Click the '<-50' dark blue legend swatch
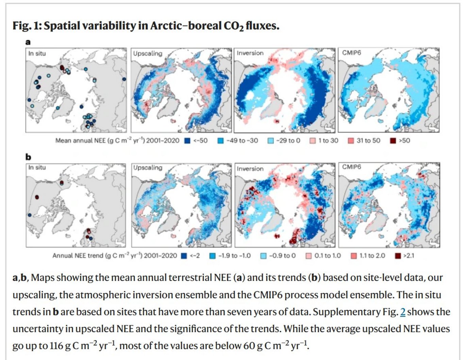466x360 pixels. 187,141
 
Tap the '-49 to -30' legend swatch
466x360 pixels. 220,141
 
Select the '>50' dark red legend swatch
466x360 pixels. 393,141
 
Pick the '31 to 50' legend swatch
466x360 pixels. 351,141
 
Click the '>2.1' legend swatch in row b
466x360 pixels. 397,256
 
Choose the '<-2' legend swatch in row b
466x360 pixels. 184,256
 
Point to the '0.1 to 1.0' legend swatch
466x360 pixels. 309,256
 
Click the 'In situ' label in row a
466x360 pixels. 37,53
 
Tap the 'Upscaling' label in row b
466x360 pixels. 148,168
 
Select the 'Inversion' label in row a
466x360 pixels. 250,53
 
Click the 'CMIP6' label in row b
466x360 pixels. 351,167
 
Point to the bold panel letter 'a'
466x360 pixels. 28,42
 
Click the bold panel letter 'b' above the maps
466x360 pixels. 28,157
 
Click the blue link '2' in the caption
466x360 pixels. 403,312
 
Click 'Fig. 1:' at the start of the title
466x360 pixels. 27,26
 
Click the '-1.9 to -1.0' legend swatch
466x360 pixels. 213,256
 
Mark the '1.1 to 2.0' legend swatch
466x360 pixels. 354,256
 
